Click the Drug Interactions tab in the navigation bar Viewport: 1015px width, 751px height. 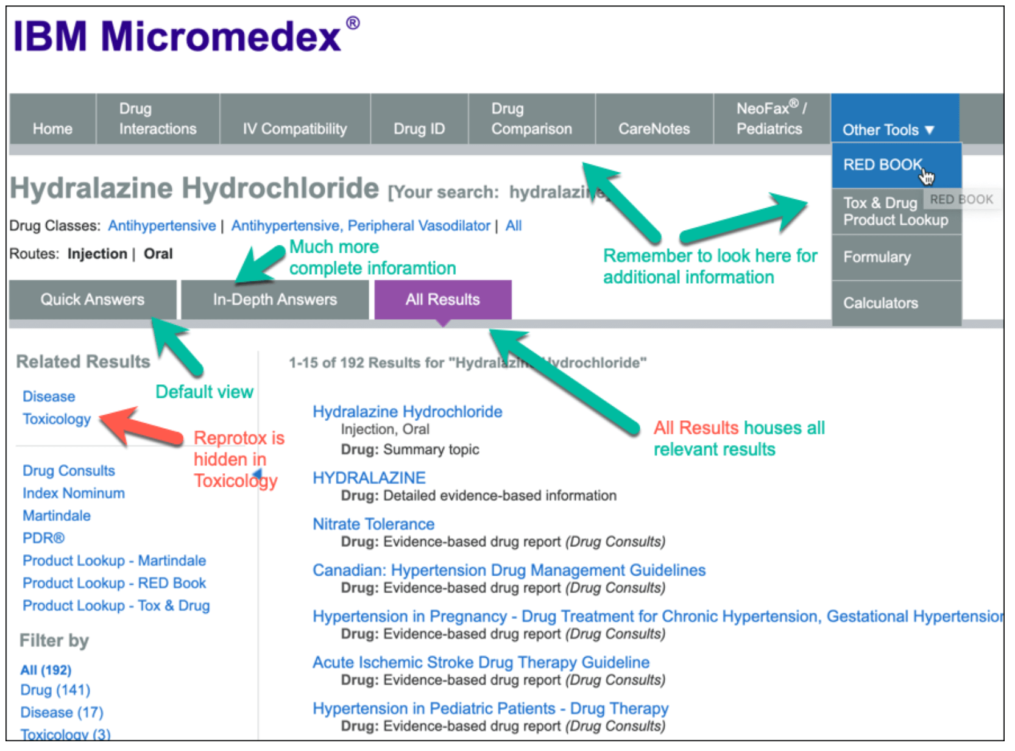(157, 119)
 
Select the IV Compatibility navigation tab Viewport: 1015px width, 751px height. (294, 129)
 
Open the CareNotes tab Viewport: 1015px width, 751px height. (654, 129)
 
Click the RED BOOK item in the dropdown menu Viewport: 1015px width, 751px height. (882, 164)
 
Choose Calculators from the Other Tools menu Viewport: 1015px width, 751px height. (880, 303)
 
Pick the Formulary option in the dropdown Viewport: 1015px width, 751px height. (877, 257)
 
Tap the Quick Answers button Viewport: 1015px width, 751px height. (93, 299)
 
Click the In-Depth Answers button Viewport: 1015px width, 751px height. (275, 299)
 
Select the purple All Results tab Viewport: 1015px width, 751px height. (443, 299)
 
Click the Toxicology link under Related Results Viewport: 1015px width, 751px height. (57, 419)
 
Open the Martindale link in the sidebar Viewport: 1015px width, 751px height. (57, 516)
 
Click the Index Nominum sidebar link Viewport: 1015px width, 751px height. (74, 493)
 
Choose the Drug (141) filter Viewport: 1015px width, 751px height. (55, 690)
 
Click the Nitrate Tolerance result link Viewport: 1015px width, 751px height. (373, 524)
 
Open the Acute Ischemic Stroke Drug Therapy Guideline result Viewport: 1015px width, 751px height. (481, 662)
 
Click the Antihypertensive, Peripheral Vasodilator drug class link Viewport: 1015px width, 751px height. (361, 226)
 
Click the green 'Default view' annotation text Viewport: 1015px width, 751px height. (204, 392)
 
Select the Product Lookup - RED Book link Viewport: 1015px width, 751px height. (115, 584)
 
